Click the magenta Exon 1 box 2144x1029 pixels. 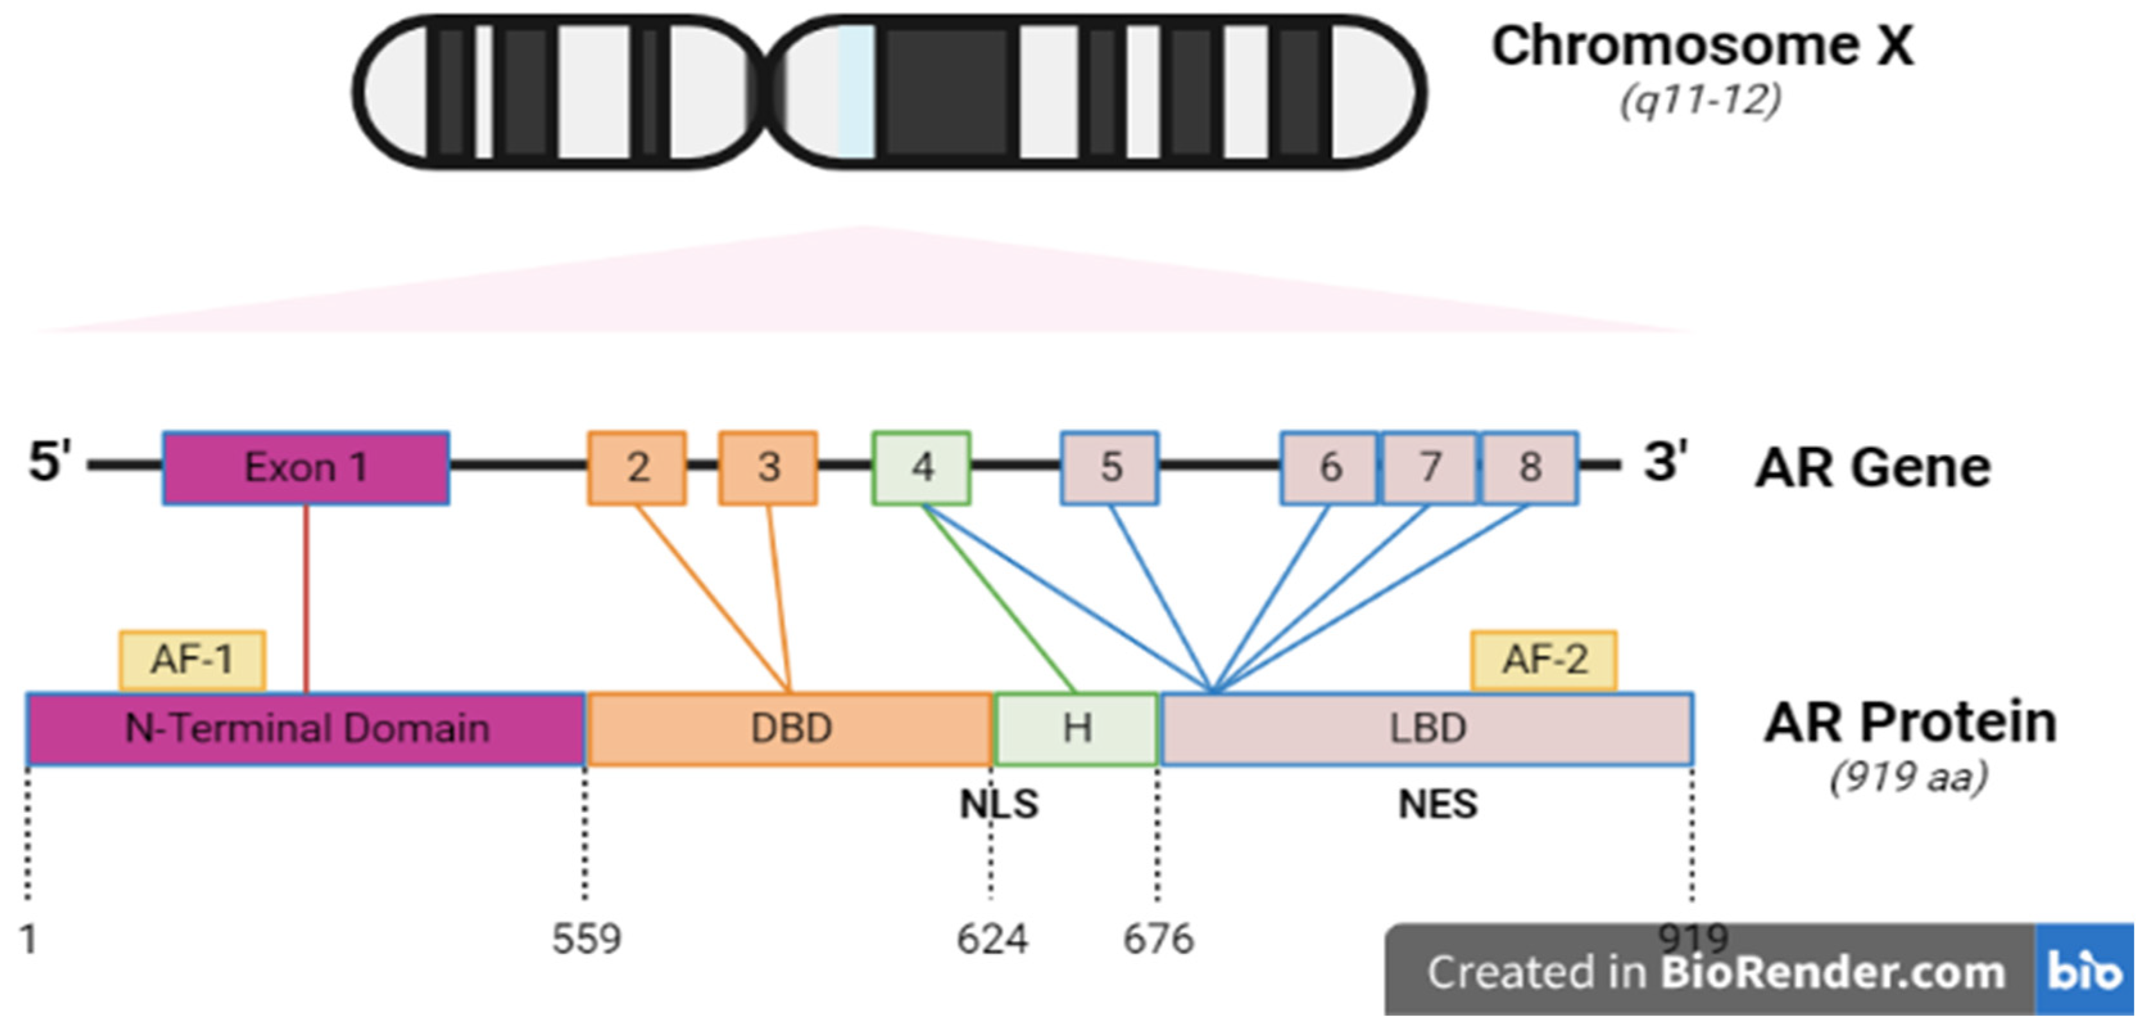(305, 468)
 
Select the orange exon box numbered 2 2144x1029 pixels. (636, 468)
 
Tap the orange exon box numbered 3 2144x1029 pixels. (767, 468)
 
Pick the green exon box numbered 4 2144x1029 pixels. (921, 468)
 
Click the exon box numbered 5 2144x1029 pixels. (1109, 468)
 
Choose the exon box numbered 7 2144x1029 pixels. (1429, 468)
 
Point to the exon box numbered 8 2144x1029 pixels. (1529, 468)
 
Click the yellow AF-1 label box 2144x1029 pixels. (192, 660)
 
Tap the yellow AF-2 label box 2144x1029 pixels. (1544, 660)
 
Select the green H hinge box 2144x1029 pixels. (1076, 729)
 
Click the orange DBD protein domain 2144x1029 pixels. (790, 729)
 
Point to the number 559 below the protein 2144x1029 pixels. (586, 940)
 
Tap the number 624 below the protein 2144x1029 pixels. (991, 940)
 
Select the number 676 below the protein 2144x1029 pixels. (1158, 940)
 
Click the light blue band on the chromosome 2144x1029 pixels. (856, 92)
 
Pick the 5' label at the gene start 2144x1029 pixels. (50, 462)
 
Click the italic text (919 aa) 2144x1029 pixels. (1909, 778)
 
